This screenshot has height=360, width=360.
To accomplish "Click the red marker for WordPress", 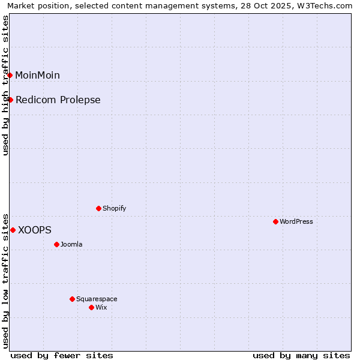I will coord(275,221).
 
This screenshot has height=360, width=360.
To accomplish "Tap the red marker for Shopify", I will coord(98,208).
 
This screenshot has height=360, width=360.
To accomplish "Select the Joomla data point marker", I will coord(56,244).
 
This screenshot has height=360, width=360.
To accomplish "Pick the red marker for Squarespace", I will coord(72,299).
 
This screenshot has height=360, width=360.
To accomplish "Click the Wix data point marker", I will coord(91,307).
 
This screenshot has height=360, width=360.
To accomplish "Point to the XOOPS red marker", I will coord(13,230).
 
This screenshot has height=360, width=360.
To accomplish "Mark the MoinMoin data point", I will coord(10,75).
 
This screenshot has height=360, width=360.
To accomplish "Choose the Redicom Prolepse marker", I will coord(10,100).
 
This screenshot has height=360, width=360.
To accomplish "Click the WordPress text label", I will coord(296,221).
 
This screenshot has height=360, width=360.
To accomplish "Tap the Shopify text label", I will coord(114,208).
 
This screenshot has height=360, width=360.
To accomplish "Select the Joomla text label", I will coord(71,244).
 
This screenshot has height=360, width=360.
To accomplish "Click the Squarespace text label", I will coord(97,299).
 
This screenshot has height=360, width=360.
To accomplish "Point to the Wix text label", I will coord(101,307).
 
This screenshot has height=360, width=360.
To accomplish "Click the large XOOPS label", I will coord(35,230).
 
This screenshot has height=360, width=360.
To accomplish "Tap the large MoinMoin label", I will coord(37,75).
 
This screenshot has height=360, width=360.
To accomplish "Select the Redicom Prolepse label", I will coord(58,100).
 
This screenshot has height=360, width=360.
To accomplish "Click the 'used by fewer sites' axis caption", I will coord(62,355).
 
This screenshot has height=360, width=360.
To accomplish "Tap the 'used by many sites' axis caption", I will coord(301,355).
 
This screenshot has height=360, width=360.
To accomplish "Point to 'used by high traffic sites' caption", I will coord(6,85).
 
